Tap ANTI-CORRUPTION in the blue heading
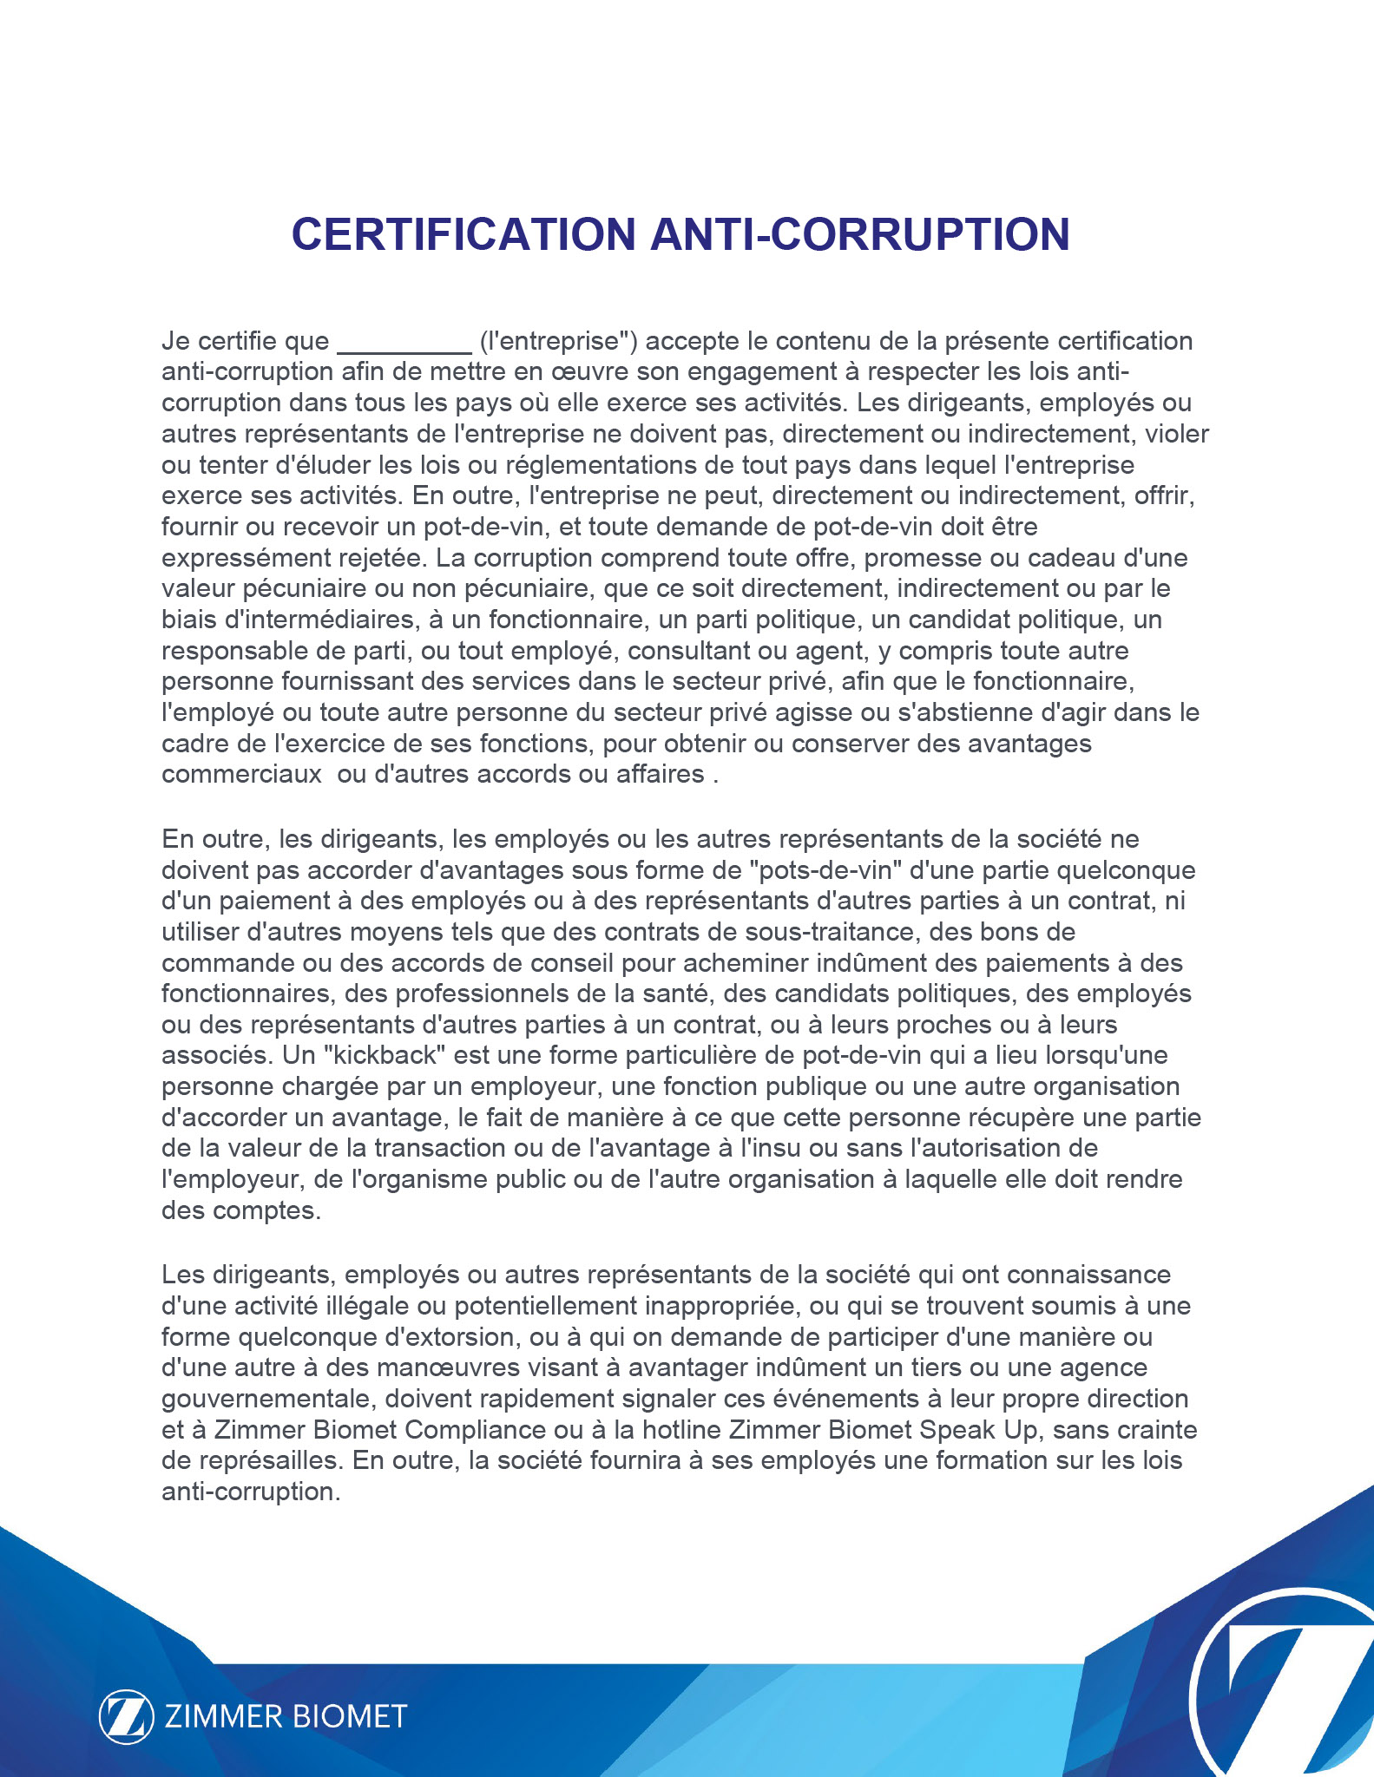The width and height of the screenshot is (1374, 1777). (x=860, y=234)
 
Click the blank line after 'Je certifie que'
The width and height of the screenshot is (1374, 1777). (x=404, y=344)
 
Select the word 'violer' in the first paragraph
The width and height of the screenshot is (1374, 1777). (x=1177, y=434)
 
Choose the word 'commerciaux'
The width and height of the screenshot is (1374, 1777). (x=241, y=774)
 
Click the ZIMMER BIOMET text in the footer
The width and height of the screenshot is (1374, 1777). (x=286, y=1716)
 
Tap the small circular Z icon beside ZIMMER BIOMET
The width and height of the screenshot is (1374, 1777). (x=126, y=1716)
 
